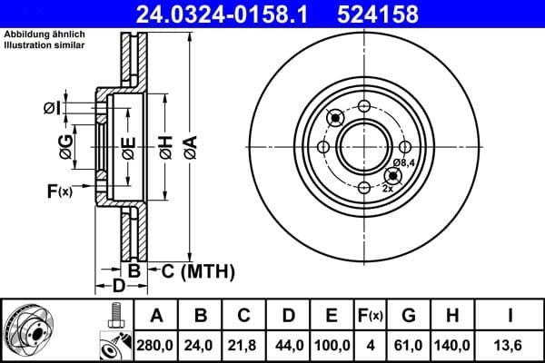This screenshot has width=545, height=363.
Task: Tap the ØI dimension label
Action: [53, 109]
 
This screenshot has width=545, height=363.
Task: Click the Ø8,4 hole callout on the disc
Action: [405, 162]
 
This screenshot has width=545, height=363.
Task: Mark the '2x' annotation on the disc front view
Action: [388, 188]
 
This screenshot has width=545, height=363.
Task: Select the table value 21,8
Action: [244, 346]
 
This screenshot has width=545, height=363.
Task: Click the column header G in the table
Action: [409, 316]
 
